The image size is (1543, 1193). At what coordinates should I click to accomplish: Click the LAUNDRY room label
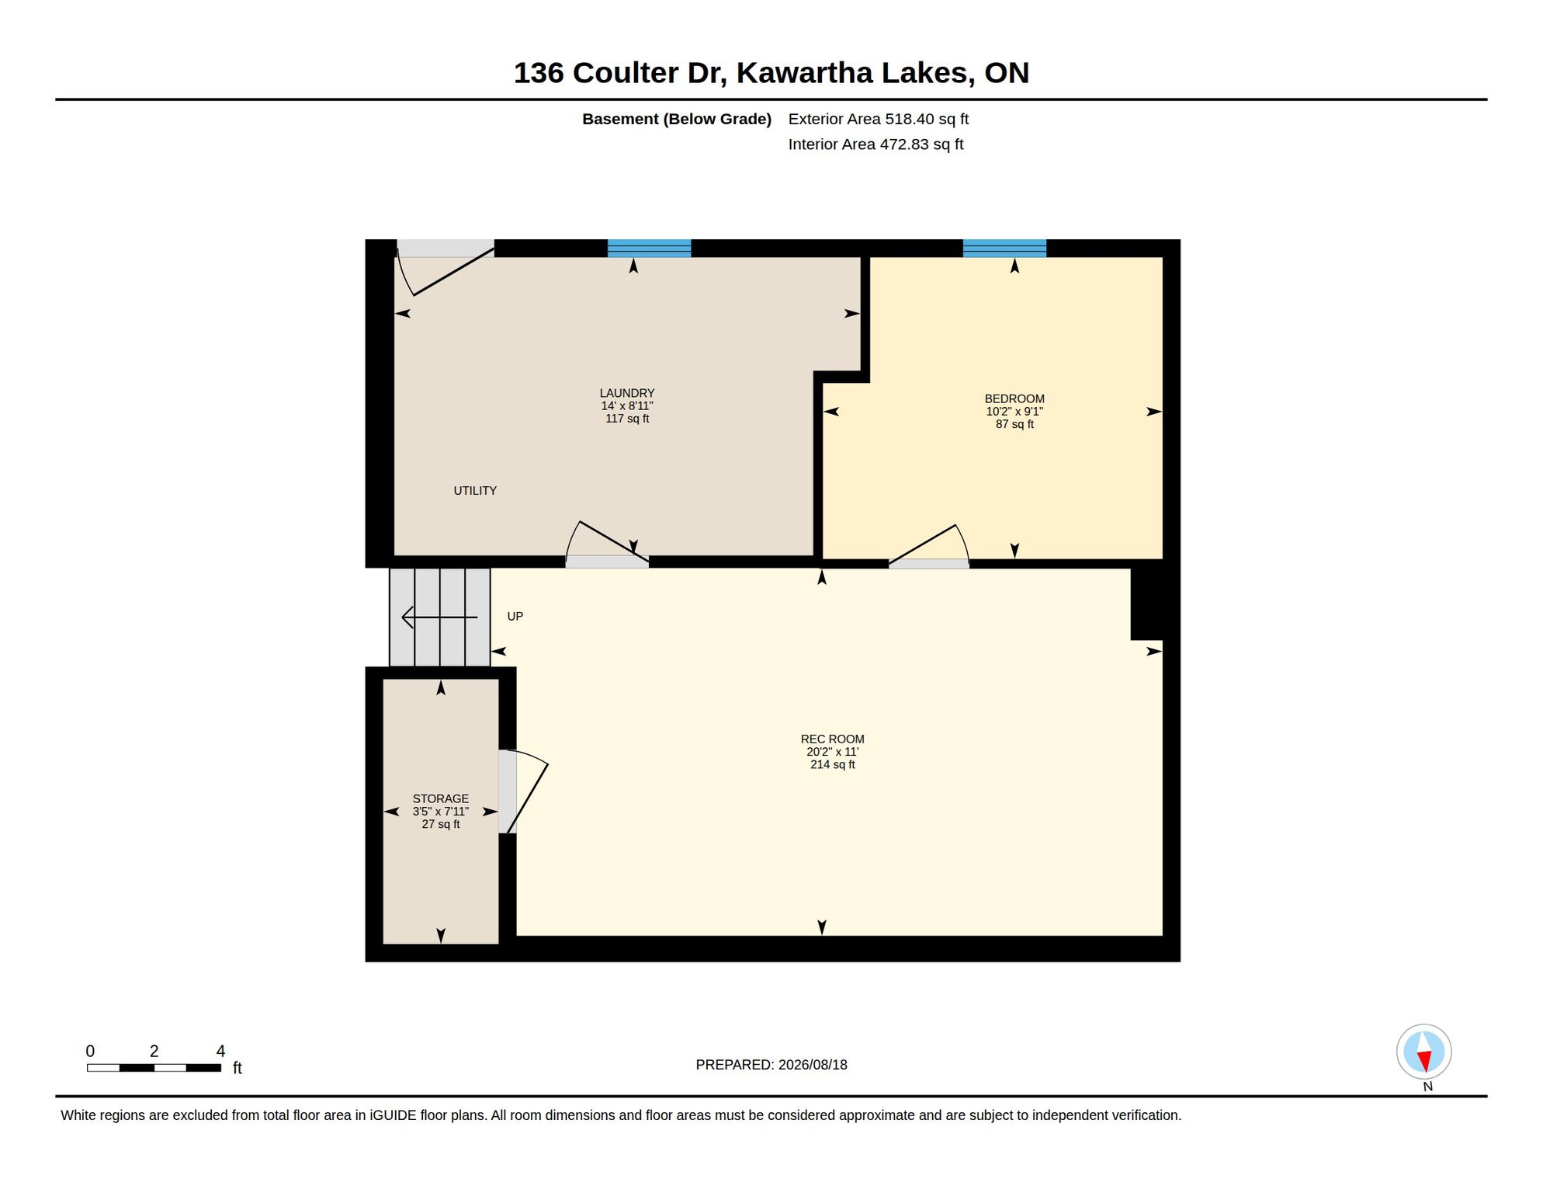click(x=627, y=393)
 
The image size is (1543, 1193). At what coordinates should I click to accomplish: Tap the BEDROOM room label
click(x=1014, y=398)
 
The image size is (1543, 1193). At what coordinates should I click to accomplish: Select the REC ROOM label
click(x=832, y=739)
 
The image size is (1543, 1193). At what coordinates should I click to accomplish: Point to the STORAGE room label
click(x=441, y=798)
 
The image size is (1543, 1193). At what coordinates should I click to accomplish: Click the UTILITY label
click(x=475, y=490)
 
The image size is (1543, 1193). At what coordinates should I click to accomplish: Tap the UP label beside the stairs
click(x=515, y=616)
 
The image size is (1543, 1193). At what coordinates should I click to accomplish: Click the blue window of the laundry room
click(x=649, y=248)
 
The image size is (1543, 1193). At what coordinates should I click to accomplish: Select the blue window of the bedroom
click(x=1004, y=248)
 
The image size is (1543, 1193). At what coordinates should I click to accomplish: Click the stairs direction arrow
click(x=439, y=617)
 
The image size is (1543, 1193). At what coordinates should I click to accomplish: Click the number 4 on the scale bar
click(x=220, y=1051)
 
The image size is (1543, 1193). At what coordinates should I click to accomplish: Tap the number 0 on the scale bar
click(x=90, y=1051)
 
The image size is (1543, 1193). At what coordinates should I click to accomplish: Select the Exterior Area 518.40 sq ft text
click(x=879, y=119)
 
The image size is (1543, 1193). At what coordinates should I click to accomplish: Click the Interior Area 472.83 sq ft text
click(x=876, y=144)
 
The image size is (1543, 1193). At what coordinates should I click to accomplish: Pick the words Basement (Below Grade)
click(x=677, y=119)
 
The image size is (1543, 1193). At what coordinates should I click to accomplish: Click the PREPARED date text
click(x=771, y=1065)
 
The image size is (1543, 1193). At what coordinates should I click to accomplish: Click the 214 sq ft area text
click(x=833, y=764)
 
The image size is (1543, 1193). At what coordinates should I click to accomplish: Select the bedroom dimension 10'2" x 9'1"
click(x=1014, y=412)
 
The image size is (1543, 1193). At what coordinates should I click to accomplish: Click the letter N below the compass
click(x=1428, y=1087)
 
